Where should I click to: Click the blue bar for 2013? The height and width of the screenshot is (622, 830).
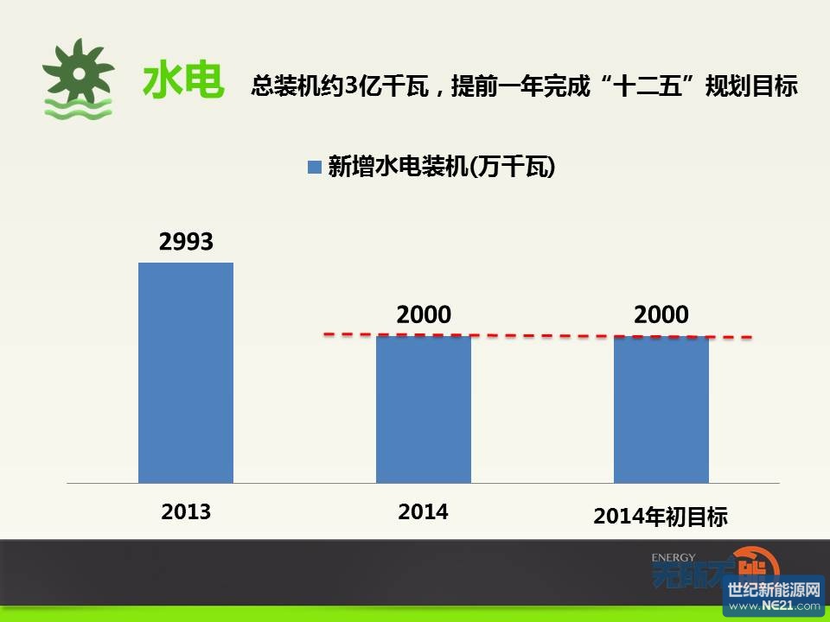point(186,373)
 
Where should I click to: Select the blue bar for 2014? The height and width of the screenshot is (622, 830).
point(424,409)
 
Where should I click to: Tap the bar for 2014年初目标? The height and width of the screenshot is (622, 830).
point(661,409)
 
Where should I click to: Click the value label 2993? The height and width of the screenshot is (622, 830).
point(186,242)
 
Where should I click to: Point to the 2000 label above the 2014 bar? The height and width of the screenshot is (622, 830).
point(424,314)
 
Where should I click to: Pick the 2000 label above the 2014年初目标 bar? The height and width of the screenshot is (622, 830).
point(661,314)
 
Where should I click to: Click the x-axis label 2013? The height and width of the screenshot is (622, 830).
point(186,511)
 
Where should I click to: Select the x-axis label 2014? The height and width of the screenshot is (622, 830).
point(423,511)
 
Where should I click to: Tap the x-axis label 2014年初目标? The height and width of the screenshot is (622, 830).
point(661,517)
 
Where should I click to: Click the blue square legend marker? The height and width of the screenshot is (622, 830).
point(315,167)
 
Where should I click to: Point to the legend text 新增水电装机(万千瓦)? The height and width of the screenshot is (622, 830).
point(442,167)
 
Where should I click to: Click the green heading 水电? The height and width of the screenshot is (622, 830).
point(183,80)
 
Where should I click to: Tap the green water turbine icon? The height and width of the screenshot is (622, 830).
point(79,79)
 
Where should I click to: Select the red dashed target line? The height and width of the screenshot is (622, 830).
point(538,335)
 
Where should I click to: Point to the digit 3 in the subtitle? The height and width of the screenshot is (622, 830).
point(351,86)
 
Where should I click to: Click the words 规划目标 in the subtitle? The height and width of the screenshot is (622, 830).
point(751,86)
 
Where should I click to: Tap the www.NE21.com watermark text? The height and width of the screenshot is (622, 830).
point(774,606)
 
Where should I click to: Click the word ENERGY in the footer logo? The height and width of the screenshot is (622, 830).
point(674,557)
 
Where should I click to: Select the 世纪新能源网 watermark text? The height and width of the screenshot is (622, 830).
point(774,589)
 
